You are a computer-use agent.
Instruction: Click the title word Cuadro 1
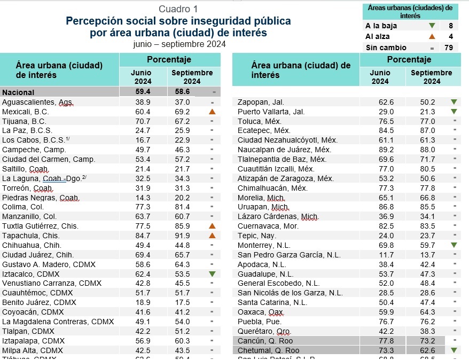[x=178, y=9]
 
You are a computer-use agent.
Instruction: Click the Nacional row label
[x=18, y=92]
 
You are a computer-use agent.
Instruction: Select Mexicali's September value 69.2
[x=182, y=112]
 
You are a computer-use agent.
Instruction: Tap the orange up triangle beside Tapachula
[x=212, y=236]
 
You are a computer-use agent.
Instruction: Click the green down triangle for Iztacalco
[x=212, y=273]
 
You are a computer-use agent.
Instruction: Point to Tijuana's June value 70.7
[x=143, y=121]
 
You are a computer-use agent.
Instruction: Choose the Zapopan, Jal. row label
[x=261, y=102]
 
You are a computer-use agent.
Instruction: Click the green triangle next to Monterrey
[x=454, y=245]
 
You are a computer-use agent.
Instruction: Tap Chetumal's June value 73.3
[x=382, y=350]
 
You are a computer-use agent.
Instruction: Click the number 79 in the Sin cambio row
[x=450, y=48]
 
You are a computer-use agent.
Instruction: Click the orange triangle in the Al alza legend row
[x=432, y=37]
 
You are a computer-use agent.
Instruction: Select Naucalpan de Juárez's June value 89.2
[x=382, y=150]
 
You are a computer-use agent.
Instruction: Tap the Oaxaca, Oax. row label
[x=261, y=312]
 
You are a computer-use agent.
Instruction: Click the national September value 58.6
[x=182, y=92]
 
